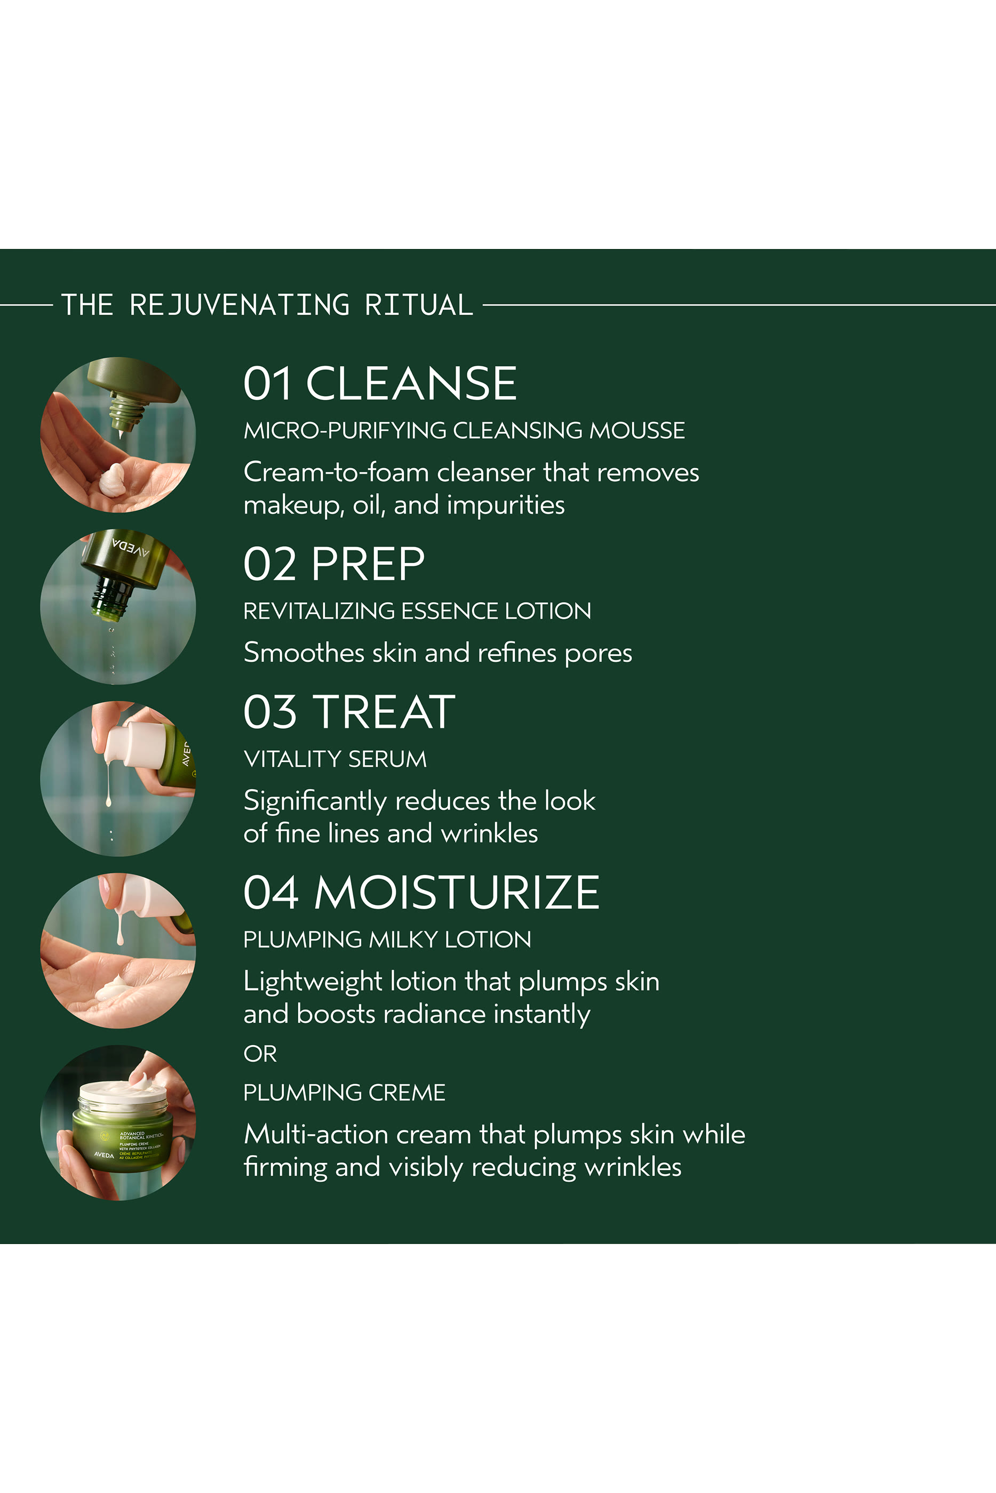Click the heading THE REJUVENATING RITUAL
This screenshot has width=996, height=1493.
coord(267,304)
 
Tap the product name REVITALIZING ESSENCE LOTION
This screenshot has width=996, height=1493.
coord(417,611)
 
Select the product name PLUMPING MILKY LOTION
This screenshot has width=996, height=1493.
coord(387,939)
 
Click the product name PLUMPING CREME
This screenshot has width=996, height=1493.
coord(344,1092)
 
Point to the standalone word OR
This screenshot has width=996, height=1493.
coord(260,1053)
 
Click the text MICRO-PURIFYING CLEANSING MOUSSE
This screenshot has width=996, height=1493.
coord(464,430)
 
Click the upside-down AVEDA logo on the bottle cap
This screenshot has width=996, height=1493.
coord(130,548)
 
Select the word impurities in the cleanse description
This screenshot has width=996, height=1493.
coord(505,505)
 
